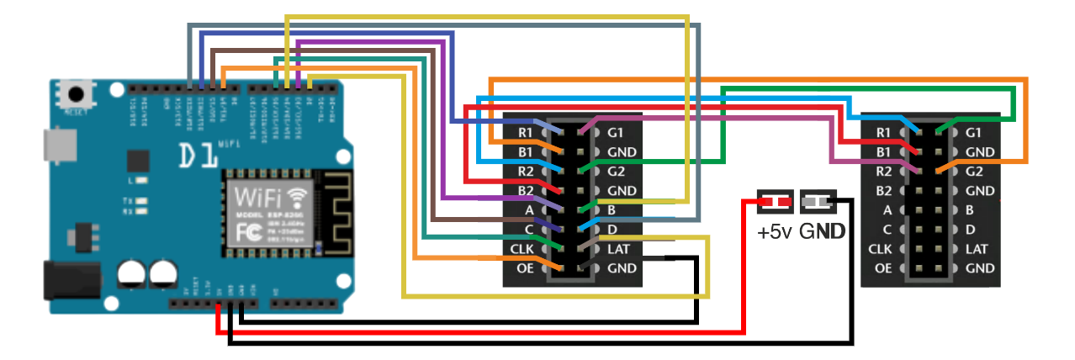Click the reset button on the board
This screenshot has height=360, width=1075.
[78, 94]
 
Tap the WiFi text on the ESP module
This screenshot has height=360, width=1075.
[259, 199]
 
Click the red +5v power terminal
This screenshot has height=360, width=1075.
[774, 202]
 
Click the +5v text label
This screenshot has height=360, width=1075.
[775, 230]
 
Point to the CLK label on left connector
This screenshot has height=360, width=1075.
[522, 249]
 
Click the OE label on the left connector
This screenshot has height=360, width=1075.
[525, 268]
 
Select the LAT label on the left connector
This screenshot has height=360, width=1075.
[620, 249]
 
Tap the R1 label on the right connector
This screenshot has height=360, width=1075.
[883, 133]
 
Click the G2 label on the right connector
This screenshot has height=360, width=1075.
[975, 172]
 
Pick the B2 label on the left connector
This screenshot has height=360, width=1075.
[525, 191]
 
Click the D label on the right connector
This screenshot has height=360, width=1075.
[970, 230]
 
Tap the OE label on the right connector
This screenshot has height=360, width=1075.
[883, 268]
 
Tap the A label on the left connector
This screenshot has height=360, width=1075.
[528, 210]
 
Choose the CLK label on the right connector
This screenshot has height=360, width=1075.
[880, 249]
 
